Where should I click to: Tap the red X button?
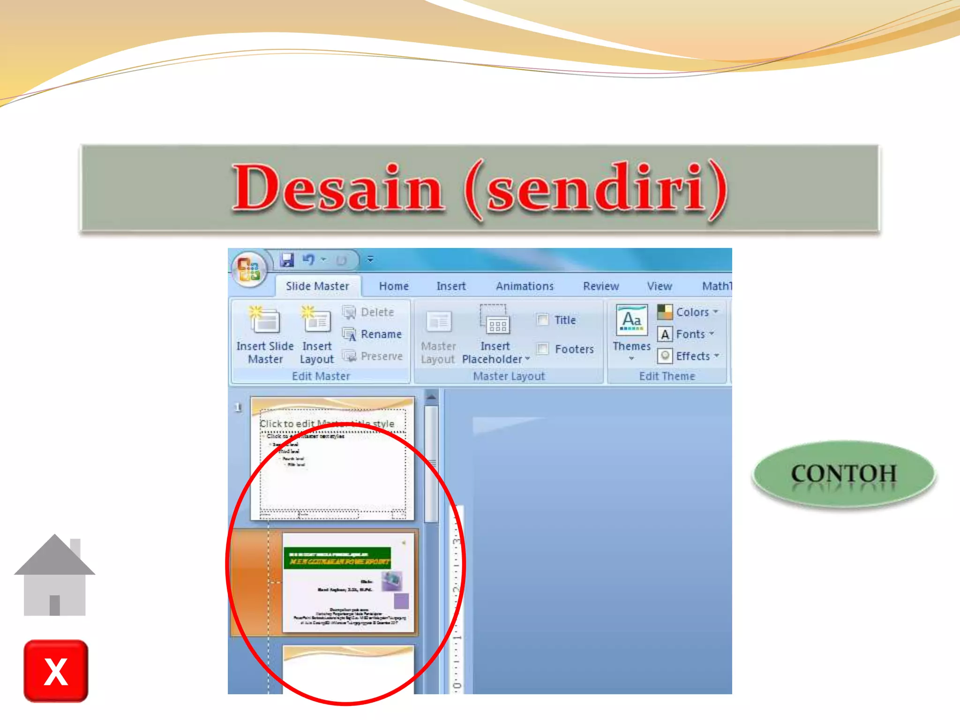point(56,671)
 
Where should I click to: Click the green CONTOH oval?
point(844,474)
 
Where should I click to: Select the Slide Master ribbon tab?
point(317,286)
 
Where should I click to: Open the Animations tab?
point(525,286)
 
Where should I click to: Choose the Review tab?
point(600,286)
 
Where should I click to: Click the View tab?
point(659,286)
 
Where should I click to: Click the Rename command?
point(381,334)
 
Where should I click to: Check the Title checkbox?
point(543,320)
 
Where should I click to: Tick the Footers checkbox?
point(543,349)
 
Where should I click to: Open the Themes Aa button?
point(631,321)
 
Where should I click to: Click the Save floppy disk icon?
point(287,260)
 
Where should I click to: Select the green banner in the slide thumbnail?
point(337,558)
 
